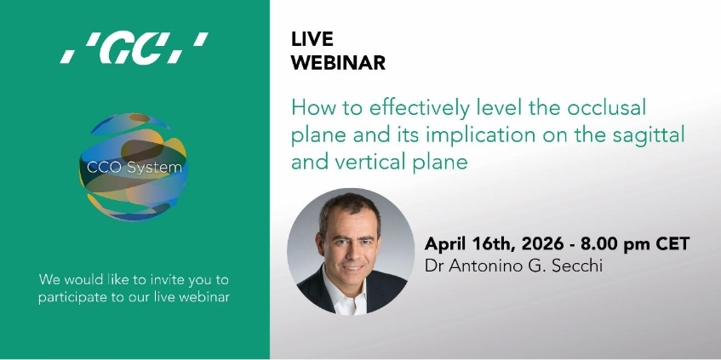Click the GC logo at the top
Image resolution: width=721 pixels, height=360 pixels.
pos(134,48)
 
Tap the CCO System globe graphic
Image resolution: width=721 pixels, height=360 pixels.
pos(133,167)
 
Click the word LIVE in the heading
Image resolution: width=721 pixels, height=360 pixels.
pos(312,39)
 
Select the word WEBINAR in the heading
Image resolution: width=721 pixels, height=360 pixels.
pos(339,63)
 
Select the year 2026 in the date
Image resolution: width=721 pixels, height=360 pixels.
pos(541,243)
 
